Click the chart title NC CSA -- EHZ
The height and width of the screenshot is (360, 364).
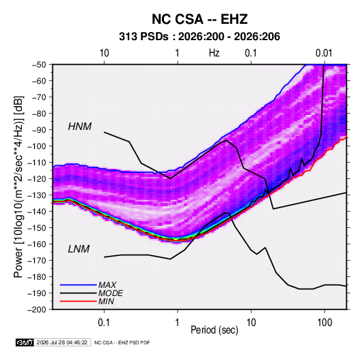[199, 19]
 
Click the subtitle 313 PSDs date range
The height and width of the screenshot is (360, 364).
[199, 37]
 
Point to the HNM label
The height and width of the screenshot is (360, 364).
[80, 127]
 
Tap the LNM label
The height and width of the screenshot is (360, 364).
[78, 249]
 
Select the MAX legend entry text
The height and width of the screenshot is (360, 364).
[107, 285]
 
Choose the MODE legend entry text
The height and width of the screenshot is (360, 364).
[110, 293]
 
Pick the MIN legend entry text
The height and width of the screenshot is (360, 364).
[106, 301]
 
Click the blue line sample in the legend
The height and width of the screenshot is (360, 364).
[78, 285]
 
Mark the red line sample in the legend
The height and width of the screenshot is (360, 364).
[78, 301]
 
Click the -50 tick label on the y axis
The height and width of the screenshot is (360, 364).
[39, 65]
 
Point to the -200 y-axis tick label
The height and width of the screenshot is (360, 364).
[37, 310]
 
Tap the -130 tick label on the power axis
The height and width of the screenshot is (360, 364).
[37, 195]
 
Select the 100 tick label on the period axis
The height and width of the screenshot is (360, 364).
[325, 323]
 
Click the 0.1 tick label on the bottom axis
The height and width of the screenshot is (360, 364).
[104, 323]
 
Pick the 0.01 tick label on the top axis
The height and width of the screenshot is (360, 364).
[324, 53]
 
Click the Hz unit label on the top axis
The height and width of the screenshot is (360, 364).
[214, 53]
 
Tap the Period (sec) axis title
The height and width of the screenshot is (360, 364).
[214, 330]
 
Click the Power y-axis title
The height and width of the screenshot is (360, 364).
[19, 187]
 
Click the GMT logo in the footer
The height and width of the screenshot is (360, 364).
[25, 342]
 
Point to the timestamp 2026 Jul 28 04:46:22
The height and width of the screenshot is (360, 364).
[62, 342]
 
